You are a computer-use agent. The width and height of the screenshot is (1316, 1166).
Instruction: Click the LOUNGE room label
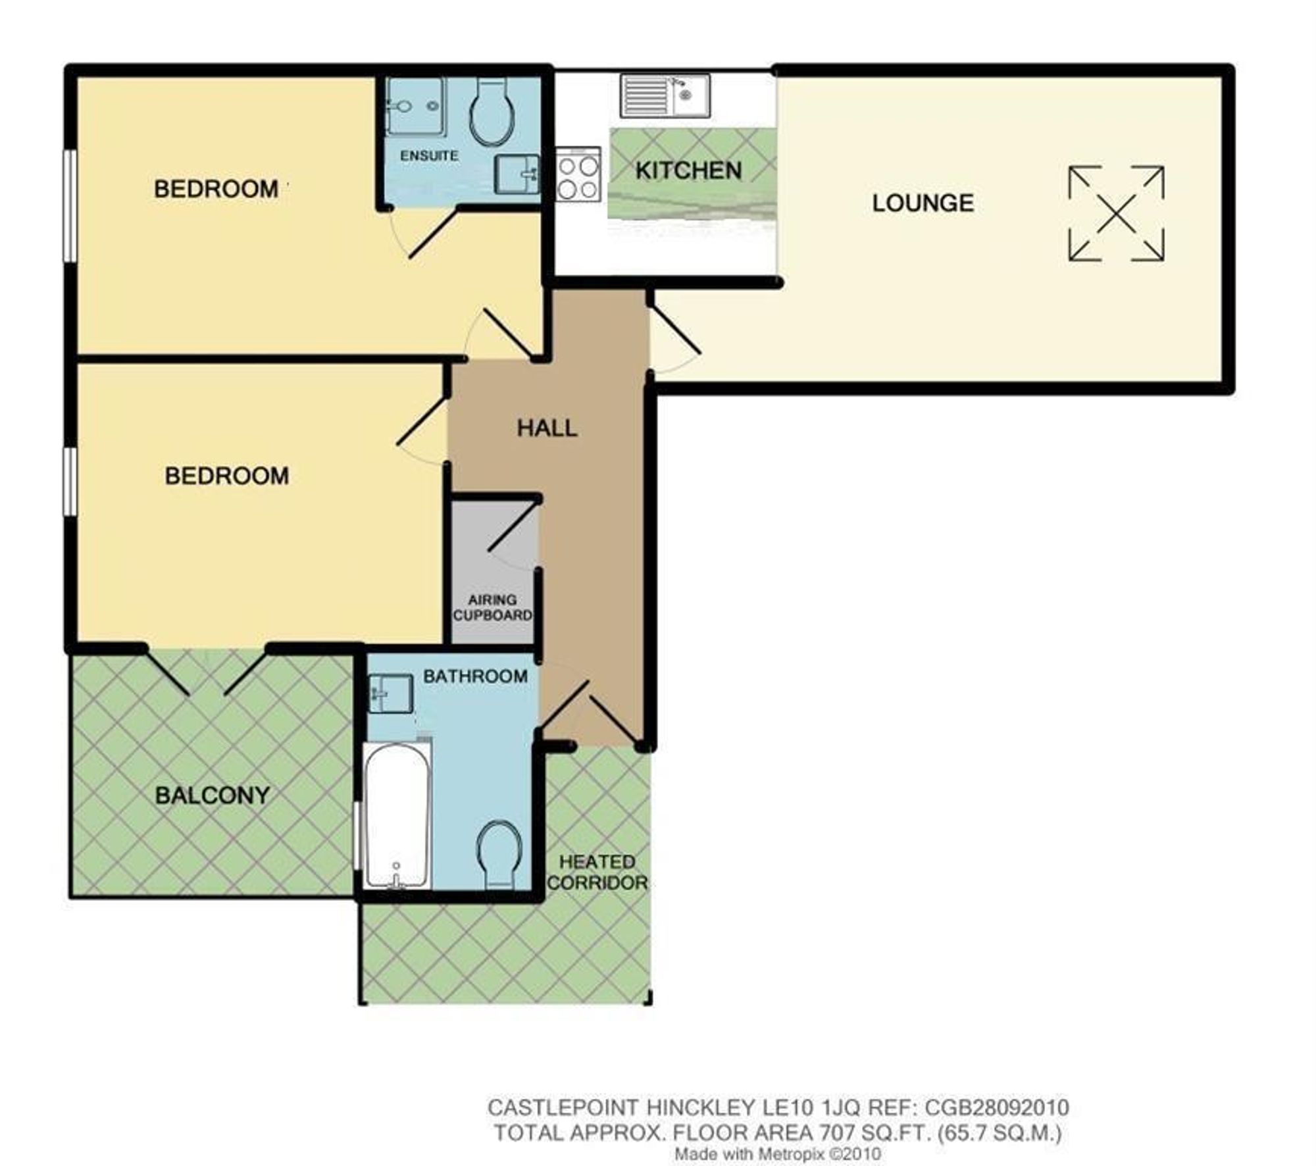[x=923, y=203]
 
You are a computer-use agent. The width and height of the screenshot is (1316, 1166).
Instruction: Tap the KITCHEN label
[x=688, y=170]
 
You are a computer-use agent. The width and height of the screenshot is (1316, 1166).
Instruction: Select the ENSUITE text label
[x=429, y=156]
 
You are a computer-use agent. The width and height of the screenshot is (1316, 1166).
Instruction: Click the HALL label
[x=547, y=428]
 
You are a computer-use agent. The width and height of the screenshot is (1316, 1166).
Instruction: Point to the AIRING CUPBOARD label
[x=492, y=607]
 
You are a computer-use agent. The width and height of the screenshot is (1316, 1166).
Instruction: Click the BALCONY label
[x=212, y=796]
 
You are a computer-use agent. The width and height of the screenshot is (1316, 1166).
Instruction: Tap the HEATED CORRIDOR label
[x=597, y=872]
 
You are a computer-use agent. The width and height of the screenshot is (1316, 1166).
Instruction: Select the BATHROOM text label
[x=475, y=676]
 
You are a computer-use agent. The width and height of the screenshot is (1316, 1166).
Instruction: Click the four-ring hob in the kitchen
[x=578, y=174]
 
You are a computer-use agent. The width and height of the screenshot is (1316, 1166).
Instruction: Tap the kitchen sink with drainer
[x=665, y=96]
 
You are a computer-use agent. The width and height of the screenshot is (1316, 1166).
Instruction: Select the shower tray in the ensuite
[x=415, y=106]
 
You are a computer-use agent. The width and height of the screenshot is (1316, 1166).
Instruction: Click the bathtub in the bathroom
[x=397, y=815]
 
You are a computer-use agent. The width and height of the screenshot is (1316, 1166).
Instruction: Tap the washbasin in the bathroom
[x=390, y=693]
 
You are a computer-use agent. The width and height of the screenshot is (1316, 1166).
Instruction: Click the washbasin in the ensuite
[x=517, y=174]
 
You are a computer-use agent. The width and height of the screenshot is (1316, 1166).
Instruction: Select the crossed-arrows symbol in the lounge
[x=1116, y=214]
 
